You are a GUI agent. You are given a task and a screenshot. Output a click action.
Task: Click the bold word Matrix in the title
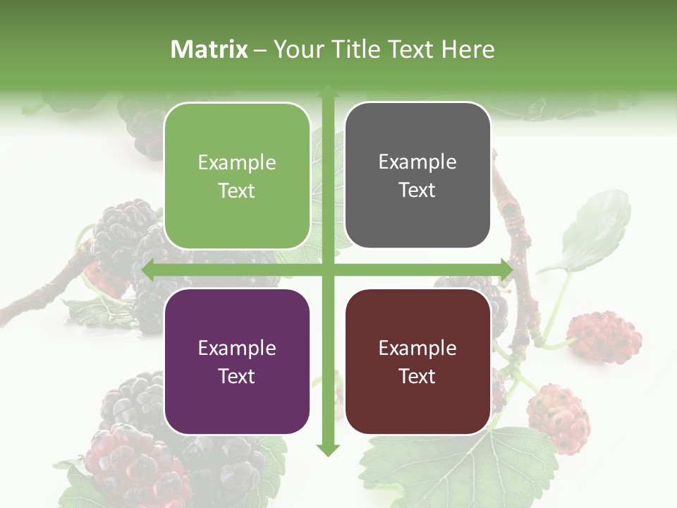[209, 49]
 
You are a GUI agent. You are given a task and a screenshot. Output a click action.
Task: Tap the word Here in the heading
[468, 49]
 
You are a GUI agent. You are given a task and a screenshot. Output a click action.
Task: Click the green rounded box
[237, 176]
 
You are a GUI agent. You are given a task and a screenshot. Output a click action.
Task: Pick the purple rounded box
[237, 361]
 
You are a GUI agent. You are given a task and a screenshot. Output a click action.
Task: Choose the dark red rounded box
[417, 361]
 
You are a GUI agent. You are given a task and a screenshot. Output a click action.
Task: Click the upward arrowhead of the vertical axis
[327, 91]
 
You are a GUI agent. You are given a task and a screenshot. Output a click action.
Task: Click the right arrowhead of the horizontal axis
[505, 270]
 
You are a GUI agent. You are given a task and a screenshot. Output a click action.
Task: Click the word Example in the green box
[237, 163]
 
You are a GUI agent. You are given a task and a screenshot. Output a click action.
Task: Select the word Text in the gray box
[417, 190]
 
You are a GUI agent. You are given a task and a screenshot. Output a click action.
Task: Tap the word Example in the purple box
[237, 349]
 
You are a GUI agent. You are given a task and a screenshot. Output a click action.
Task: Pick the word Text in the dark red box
[417, 376]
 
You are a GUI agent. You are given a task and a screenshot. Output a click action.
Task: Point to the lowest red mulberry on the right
[559, 418]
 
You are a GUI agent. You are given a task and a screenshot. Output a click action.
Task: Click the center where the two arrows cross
[327, 270]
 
